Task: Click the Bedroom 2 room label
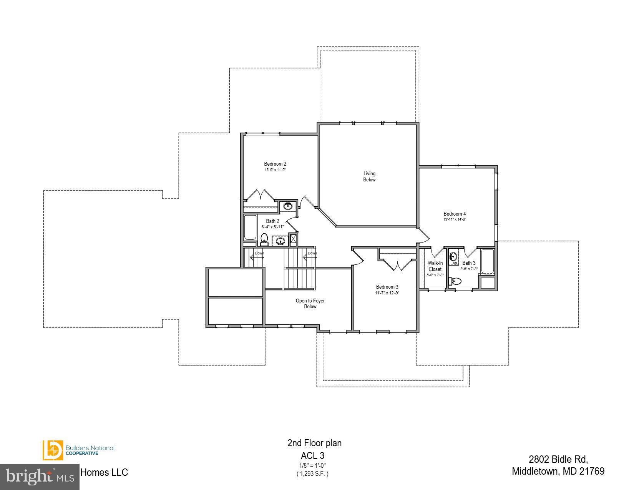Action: (x=275, y=164)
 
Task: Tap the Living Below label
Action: (x=369, y=177)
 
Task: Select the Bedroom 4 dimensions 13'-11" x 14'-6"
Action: (x=455, y=220)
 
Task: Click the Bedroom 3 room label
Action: (x=387, y=287)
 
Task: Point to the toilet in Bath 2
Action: (x=264, y=239)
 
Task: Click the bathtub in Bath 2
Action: (x=250, y=228)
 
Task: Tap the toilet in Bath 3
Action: (x=455, y=282)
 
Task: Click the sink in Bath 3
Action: (x=454, y=256)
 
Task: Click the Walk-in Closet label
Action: (x=435, y=266)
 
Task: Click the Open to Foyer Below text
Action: (x=310, y=304)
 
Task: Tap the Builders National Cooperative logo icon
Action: (x=53, y=450)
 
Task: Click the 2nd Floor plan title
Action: (x=314, y=443)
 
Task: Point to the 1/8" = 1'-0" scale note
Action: (x=312, y=465)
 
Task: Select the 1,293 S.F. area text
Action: (x=312, y=474)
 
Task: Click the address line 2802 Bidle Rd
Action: (x=558, y=459)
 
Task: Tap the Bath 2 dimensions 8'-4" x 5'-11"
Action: (x=273, y=227)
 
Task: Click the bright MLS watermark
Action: (x=40, y=477)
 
